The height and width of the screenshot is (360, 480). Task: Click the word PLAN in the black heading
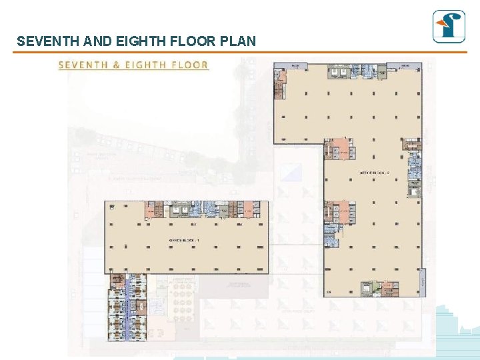[x=239, y=41]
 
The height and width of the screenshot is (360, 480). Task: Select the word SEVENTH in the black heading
[x=49, y=41]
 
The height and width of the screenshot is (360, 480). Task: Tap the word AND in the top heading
[x=98, y=41]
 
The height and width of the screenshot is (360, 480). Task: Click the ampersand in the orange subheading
[x=115, y=65]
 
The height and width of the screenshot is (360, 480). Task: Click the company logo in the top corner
[x=449, y=27]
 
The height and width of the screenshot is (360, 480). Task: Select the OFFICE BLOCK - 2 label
[x=374, y=173]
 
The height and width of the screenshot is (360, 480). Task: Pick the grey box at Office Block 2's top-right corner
[x=405, y=66]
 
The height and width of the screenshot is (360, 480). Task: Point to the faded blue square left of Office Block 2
[x=291, y=172]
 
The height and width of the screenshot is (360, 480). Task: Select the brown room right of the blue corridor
[x=142, y=307]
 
